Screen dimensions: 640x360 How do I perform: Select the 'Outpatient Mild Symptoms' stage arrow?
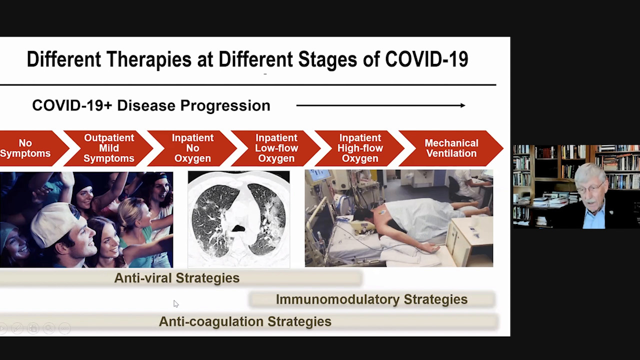click(108, 148)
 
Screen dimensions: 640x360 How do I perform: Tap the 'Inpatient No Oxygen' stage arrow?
click(192, 148)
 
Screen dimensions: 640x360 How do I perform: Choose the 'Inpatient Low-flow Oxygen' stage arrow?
click(276, 148)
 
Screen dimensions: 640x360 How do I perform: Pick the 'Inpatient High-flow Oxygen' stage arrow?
click(359, 148)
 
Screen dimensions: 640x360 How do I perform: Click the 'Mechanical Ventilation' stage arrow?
click(451, 148)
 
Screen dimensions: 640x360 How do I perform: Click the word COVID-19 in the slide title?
click(426, 59)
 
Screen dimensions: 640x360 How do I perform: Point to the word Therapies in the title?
click(149, 59)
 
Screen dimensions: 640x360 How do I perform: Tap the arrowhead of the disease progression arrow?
click(463, 105)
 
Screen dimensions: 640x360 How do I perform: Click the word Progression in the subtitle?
click(225, 105)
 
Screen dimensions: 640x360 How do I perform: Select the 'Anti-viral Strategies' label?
click(177, 278)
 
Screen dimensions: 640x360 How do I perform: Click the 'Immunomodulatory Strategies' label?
click(371, 299)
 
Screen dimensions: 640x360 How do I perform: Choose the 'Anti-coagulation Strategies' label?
click(245, 321)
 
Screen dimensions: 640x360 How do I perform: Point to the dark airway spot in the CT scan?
click(238, 228)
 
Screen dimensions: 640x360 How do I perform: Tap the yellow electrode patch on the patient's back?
click(382, 212)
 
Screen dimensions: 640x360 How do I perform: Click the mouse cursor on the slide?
click(175, 303)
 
